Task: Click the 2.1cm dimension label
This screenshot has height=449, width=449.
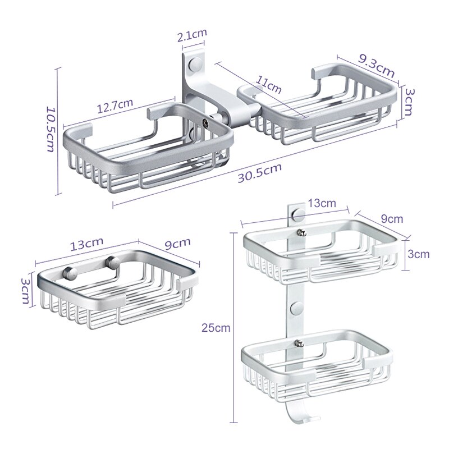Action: pyautogui.click(x=192, y=35)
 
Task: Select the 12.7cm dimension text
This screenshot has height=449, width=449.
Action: pyautogui.click(x=115, y=105)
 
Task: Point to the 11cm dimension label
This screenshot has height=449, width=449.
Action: pyautogui.click(x=268, y=85)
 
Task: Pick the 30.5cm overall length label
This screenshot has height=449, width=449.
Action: pyautogui.click(x=260, y=172)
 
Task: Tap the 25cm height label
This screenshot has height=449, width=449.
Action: pyautogui.click(x=216, y=327)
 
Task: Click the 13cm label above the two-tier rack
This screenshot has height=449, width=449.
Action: pyautogui.click(x=322, y=203)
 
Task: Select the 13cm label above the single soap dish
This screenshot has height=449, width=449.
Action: pyautogui.click(x=86, y=244)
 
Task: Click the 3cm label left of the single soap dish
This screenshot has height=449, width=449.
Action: pyautogui.click(x=25, y=291)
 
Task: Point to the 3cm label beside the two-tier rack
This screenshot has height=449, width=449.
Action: pyautogui.click(x=418, y=254)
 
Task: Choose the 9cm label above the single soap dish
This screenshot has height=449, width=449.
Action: pyautogui.click(x=177, y=244)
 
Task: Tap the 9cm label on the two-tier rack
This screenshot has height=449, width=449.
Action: pyautogui.click(x=392, y=219)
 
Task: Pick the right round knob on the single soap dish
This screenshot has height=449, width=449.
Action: pyautogui.click(x=113, y=262)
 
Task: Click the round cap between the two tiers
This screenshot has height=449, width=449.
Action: pyautogui.click(x=297, y=307)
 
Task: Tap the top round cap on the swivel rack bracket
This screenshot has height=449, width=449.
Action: pyautogui.click(x=195, y=64)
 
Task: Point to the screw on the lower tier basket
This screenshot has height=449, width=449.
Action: pyautogui.click(x=299, y=342)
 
